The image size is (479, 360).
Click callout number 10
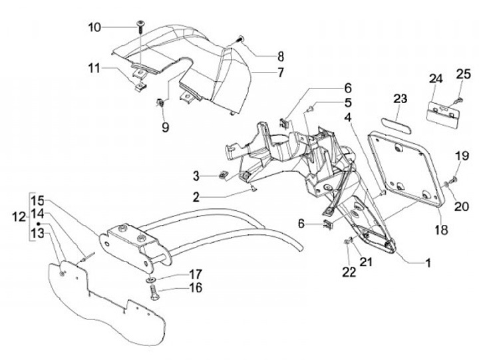pos(94,27)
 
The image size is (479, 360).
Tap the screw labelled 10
pos(140,27)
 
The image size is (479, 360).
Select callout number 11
pos(94,68)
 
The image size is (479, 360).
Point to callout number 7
pos(261,71)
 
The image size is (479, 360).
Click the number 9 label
pos(165,124)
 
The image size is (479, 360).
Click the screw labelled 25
pos(457,100)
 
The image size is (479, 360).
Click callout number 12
pos(18,216)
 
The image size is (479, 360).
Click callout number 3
pos(196,176)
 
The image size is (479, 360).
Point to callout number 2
pos(196,197)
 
